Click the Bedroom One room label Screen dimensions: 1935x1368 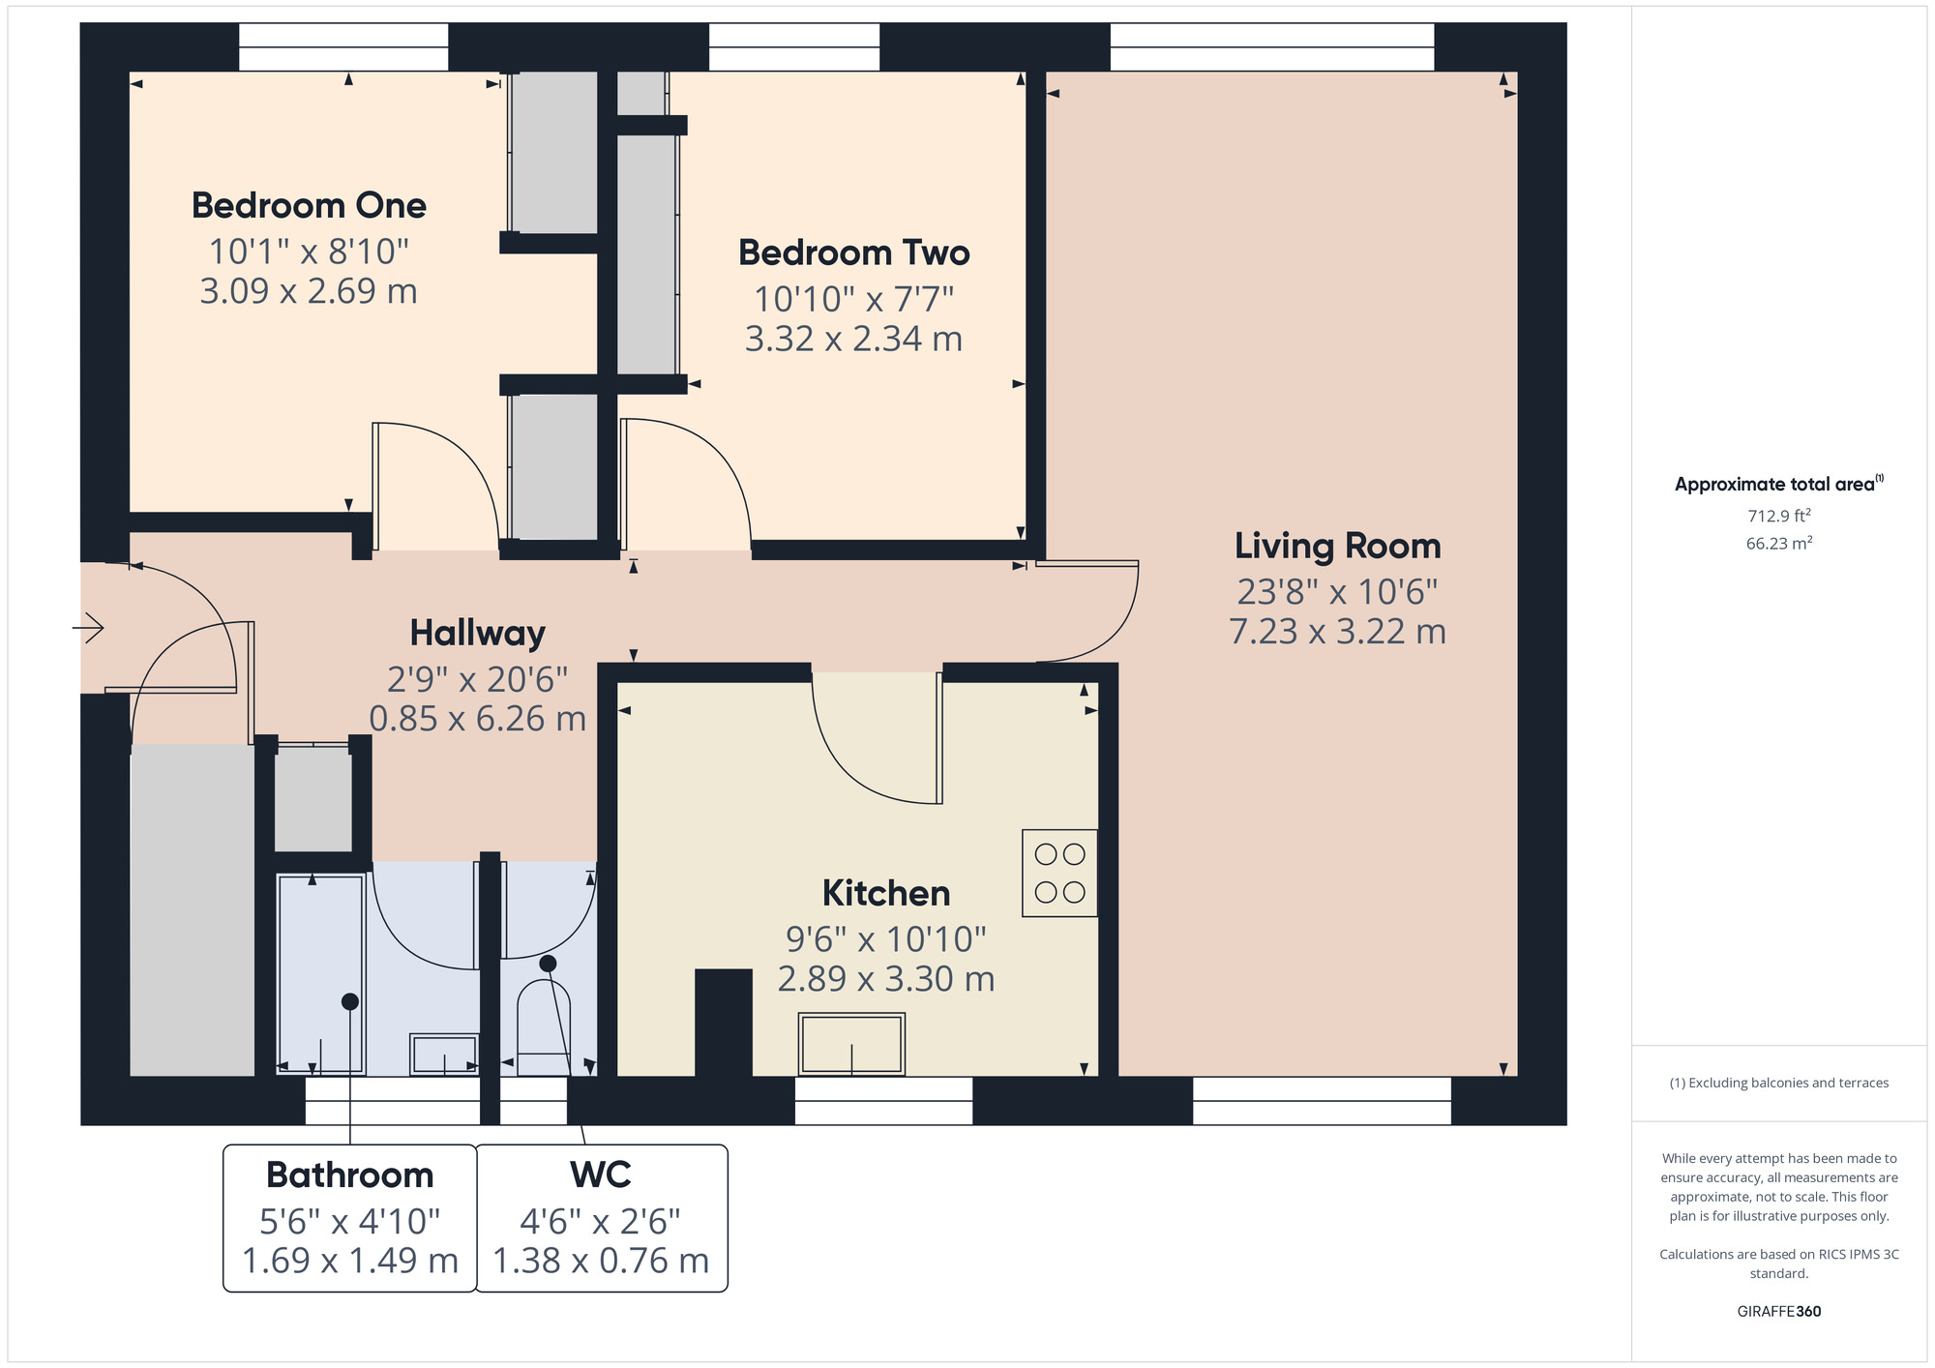pos(309,205)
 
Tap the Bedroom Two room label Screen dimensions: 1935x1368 pos(854,253)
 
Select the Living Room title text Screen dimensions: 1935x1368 pos(1338,546)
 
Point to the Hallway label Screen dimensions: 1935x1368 pos(478,633)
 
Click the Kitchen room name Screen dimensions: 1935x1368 pos(886,893)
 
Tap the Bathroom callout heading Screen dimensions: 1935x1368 pos(350,1175)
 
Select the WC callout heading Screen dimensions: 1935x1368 pos(601,1175)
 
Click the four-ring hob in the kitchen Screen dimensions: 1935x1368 pos(1059,873)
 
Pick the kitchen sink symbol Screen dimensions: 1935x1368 pos(851,1044)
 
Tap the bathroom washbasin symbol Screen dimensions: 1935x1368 pos(444,1054)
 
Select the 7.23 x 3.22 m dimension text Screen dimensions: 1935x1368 pos(1338,632)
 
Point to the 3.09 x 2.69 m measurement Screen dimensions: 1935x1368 pos(309,291)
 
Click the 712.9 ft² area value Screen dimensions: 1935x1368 pos(1779,516)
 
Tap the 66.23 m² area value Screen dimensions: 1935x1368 pos(1779,543)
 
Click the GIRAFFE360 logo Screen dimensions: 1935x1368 pos(1779,1312)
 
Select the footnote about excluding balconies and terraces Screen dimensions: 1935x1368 pos(1779,1083)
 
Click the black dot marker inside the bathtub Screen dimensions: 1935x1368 pos(350,1001)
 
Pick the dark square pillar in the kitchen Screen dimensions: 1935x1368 pos(724,1023)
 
